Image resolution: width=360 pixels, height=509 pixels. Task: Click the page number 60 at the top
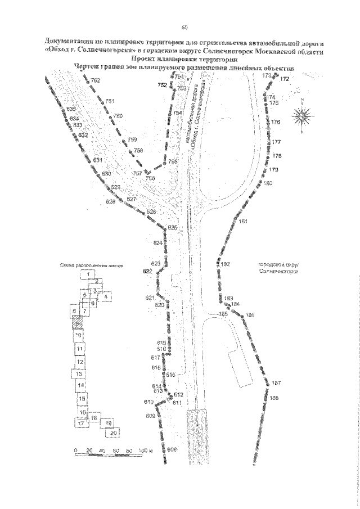184,28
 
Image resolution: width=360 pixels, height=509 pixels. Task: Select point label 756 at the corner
150,178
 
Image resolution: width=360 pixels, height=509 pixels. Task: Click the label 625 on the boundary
173,227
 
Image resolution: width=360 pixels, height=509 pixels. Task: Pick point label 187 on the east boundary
276,384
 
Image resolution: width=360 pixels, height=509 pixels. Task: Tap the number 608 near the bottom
172,449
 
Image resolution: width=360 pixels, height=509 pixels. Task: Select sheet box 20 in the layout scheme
113,433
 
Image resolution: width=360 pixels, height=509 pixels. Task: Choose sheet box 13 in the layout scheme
80,374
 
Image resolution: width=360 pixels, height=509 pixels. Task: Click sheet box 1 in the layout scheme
88,274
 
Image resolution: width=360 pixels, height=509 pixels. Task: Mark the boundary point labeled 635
71,109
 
